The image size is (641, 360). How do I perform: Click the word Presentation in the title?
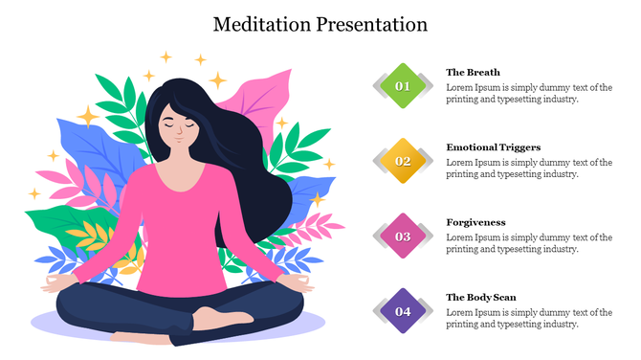point(367,24)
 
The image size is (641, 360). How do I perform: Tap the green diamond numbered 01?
point(403,86)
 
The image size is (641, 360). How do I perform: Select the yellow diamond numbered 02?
point(403,161)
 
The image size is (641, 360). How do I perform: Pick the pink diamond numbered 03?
point(403,236)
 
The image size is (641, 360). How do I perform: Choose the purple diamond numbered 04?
point(403,311)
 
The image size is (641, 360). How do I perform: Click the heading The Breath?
point(473,72)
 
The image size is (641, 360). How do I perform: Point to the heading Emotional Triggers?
point(493,147)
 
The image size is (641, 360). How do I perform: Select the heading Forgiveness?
point(475,222)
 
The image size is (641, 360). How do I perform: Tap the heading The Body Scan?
point(480,297)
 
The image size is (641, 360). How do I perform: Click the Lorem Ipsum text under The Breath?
point(528,93)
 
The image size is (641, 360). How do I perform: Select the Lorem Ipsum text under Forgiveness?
point(528,243)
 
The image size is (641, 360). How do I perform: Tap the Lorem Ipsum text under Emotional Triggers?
point(528,169)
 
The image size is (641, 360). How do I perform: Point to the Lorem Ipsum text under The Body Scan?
point(528,318)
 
